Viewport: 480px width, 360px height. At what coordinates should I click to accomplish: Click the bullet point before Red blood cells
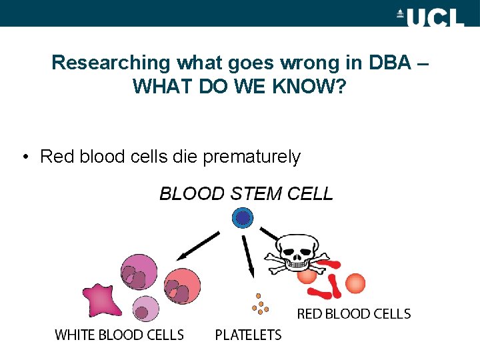click(25, 157)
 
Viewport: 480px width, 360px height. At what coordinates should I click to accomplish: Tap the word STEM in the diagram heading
click(257, 194)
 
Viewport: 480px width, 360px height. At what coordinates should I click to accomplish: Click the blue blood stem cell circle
click(243, 217)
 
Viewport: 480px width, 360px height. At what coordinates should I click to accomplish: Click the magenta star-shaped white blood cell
click(101, 299)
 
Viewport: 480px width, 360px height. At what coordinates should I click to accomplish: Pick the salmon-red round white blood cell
click(182, 285)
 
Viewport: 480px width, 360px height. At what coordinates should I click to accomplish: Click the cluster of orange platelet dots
click(259, 305)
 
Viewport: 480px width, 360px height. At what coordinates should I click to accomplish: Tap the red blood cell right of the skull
click(355, 283)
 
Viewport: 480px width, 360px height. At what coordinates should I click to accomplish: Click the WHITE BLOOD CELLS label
click(119, 335)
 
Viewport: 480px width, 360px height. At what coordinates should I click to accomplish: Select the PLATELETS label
click(248, 335)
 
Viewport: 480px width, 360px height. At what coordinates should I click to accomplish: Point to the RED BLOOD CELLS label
click(353, 313)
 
